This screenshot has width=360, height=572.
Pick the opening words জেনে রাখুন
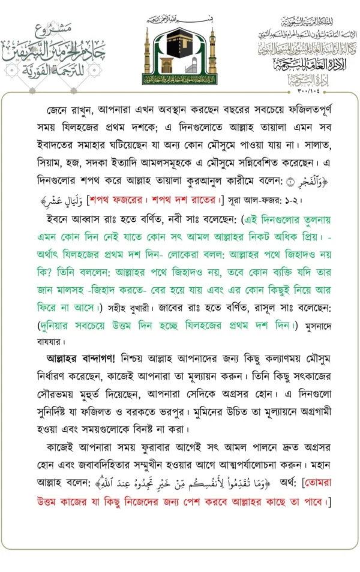point(69,112)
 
